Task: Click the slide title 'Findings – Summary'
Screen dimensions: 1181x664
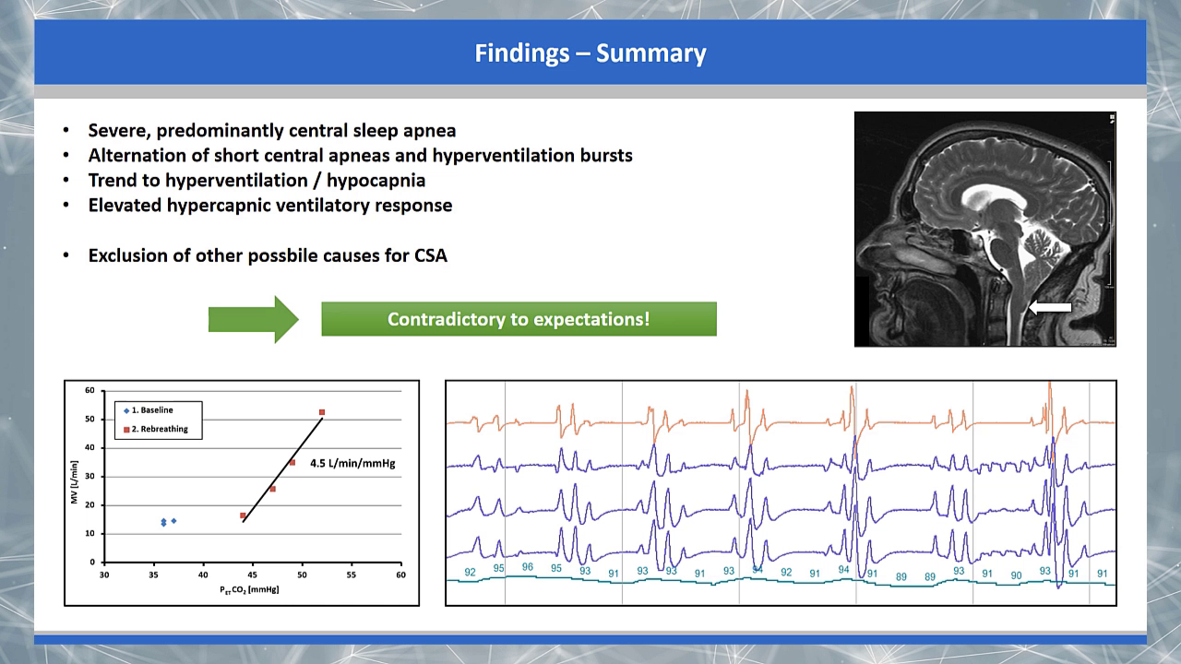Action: point(590,53)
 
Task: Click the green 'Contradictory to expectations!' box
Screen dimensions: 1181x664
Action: point(519,319)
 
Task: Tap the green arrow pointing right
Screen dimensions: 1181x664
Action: point(254,319)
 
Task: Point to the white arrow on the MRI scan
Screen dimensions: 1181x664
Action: point(1050,307)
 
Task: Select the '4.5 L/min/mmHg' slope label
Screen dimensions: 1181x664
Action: point(352,463)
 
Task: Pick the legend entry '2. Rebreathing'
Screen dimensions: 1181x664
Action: point(156,429)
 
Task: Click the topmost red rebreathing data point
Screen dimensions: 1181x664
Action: point(322,412)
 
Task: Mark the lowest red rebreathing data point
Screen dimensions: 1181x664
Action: point(243,516)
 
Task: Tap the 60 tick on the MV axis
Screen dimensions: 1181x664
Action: point(89,390)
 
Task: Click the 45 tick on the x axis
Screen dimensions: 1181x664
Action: point(252,575)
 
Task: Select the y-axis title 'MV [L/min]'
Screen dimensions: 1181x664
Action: point(75,481)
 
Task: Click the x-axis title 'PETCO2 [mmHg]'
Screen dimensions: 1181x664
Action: point(249,589)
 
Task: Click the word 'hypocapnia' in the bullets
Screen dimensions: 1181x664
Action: point(376,181)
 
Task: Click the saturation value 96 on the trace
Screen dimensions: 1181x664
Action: point(527,567)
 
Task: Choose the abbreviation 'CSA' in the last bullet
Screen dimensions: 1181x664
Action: point(431,255)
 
